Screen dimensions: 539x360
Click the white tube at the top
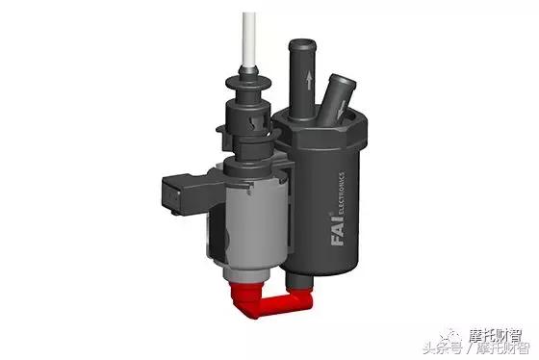tap(249, 39)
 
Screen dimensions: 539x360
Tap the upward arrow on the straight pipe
tap(309, 80)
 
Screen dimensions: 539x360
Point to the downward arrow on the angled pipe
tap(342, 109)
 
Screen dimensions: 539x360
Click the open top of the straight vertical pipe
tap(302, 44)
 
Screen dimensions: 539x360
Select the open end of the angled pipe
tap(343, 80)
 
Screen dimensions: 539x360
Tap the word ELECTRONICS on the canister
tap(342, 193)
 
